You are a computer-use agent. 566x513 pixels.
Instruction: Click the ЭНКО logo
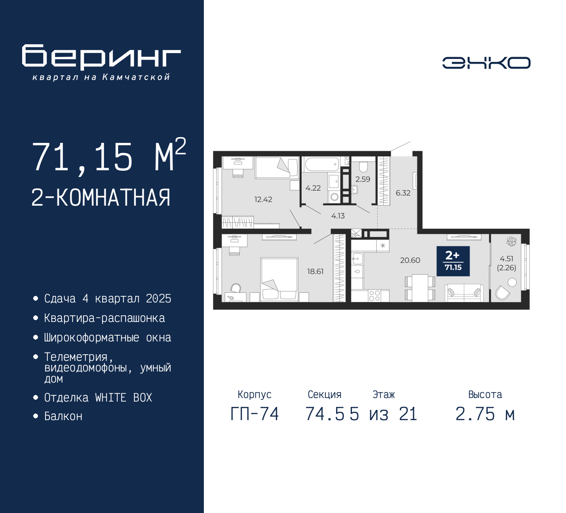486,63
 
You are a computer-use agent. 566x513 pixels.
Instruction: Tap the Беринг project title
101,57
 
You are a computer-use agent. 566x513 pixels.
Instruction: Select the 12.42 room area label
263,199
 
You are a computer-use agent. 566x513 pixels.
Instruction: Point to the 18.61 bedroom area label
315,272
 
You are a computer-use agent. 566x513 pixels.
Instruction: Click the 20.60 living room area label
410,260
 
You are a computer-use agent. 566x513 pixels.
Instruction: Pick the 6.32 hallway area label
403,193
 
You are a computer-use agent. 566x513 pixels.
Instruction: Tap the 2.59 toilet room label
363,179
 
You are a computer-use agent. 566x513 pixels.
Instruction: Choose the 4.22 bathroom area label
313,188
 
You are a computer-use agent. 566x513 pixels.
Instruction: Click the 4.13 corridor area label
338,216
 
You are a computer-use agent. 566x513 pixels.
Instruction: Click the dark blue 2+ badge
453,261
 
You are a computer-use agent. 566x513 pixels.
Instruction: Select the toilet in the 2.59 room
363,166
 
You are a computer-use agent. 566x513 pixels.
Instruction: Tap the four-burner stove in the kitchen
374,295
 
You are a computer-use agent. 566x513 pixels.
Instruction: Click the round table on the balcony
512,282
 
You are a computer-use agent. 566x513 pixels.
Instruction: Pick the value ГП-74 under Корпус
254,414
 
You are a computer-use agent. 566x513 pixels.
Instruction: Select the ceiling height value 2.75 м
485,414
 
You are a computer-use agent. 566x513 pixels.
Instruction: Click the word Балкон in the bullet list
63,416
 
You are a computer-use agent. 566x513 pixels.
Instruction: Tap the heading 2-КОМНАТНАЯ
101,198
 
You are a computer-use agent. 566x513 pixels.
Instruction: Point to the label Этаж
383,394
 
